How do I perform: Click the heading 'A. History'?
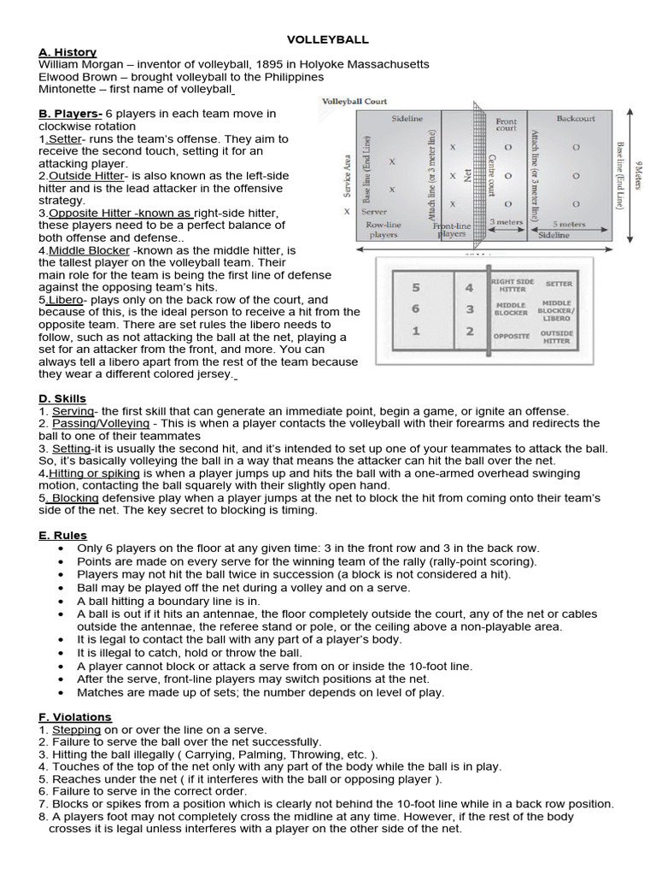pyautogui.click(x=67, y=52)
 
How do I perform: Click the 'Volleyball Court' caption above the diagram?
pyautogui.click(x=354, y=101)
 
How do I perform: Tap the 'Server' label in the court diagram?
pyautogui.click(x=373, y=210)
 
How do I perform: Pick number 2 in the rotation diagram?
pyautogui.click(x=469, y=332)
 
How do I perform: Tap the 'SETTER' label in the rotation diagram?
pyautogui.click(x=559, y=284)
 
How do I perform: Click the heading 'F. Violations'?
pyautogui.click(x=75, y=717)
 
